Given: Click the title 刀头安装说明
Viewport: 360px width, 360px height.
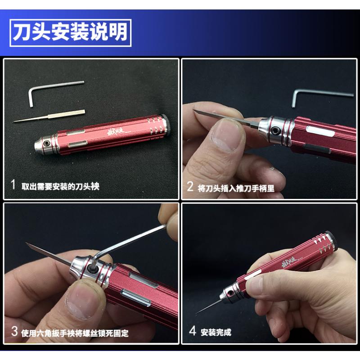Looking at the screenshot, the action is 70,32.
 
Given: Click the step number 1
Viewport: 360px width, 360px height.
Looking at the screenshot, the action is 13,184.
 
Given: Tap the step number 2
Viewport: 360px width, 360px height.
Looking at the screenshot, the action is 190,186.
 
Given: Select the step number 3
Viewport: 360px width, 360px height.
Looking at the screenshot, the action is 14,331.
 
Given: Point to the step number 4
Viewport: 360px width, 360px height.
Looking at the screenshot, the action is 193,331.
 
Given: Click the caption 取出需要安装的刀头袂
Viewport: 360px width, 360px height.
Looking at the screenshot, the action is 60,186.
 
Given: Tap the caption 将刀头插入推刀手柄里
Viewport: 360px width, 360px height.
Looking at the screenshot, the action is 236,188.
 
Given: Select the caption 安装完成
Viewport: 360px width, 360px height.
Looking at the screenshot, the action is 216,333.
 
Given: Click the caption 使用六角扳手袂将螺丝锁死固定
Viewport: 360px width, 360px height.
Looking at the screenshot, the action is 75,333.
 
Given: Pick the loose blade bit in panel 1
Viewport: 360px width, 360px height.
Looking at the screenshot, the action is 49,117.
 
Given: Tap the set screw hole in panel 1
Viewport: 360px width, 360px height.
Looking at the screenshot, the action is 47,143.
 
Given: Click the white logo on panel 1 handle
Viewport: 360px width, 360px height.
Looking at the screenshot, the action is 116,132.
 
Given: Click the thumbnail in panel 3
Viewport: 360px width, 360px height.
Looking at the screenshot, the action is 83,300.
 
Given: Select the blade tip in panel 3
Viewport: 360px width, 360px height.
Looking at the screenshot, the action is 26,243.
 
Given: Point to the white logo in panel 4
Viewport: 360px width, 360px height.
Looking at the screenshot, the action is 289,262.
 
